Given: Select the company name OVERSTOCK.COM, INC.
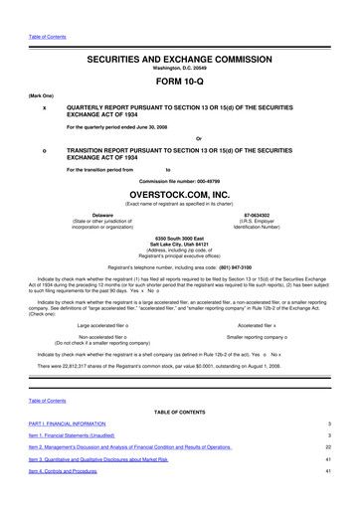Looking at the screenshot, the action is pyautogui.click(x=179, y=195).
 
